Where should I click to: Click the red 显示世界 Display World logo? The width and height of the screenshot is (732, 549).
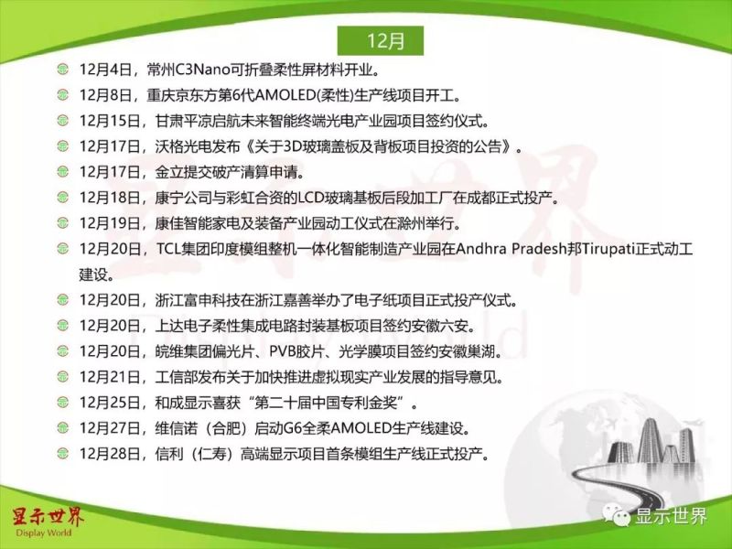click(x=47, y=520)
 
